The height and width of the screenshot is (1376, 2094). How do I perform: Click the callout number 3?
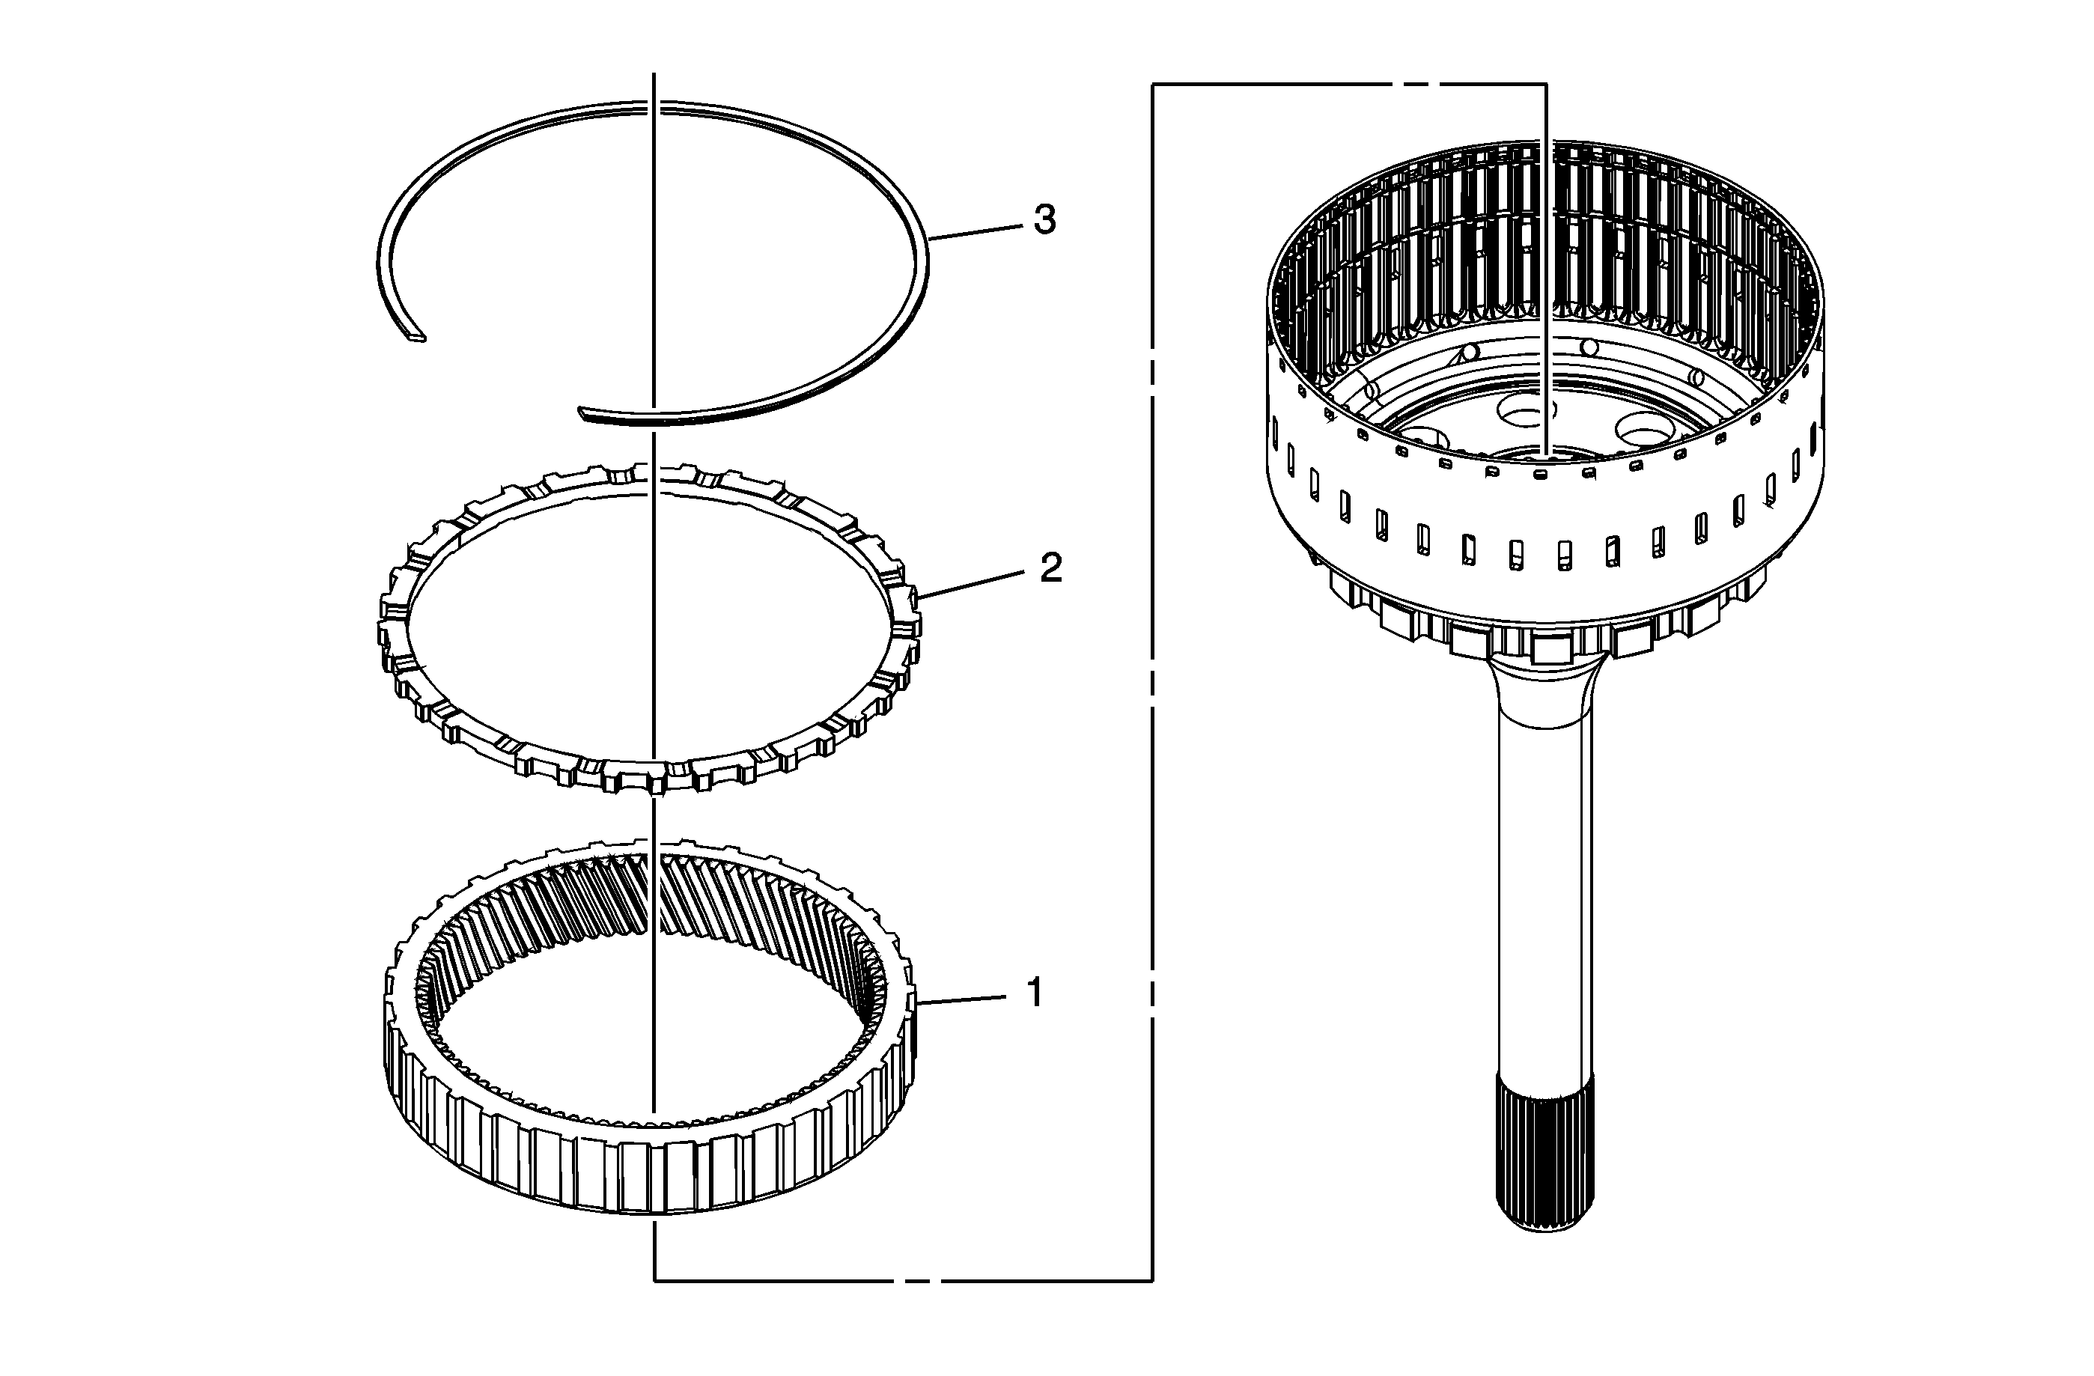[1044, 219]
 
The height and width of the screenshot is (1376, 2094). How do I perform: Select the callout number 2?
[1050, 567]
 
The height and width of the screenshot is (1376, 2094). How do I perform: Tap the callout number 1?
[1035, 993]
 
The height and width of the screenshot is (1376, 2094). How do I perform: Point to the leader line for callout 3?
[974, 231]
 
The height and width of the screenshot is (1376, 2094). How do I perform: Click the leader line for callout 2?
[970, 583]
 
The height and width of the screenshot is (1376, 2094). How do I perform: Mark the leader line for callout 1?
[960, 999]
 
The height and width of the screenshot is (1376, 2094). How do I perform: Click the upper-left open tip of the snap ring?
[417, 335]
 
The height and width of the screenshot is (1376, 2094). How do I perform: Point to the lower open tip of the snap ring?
[583, 411]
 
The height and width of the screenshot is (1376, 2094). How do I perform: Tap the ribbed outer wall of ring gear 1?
[651, 1175]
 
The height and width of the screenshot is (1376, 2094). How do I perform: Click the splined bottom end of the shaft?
[1544, 1153]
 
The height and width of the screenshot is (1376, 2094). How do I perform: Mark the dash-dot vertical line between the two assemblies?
[1153, 682]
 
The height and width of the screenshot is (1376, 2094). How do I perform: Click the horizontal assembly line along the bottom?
[904, 1280]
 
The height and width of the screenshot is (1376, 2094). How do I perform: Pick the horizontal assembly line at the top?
[1350, 85]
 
